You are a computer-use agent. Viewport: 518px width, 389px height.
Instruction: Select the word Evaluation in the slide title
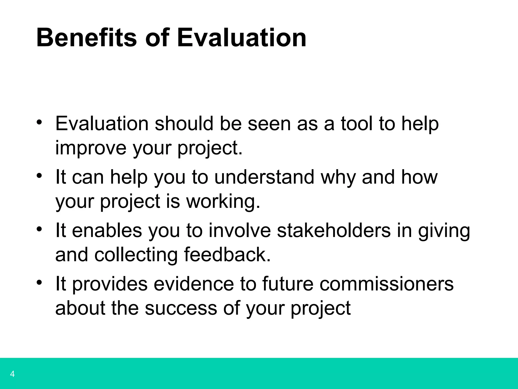pyautogui.click(x=242, y=38)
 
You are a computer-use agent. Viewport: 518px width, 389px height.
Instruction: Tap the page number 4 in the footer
pyautogui.click(x=12, y=374)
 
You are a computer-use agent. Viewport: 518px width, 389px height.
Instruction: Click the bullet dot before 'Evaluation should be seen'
pyautogui.click(x=39, y=122)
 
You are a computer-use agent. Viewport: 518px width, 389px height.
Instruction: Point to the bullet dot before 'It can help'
pyautogui.click(x=39, y=176)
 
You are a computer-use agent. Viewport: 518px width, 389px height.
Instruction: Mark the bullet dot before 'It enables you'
pyautogui.click(x=39, y=229)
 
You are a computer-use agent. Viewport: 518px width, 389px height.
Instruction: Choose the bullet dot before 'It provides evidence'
pyautogui.click(x=39, y=282)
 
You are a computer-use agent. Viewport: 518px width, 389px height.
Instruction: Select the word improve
pyautogui.click(x=91, y=148)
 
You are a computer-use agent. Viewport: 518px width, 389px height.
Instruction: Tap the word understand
pyautogui.click(x=265, y=177)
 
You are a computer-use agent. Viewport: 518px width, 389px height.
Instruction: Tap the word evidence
pyautogui.click(x=194, y=284)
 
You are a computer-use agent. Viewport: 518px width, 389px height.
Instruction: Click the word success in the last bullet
pyautogui.click(x=181, y=308)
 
